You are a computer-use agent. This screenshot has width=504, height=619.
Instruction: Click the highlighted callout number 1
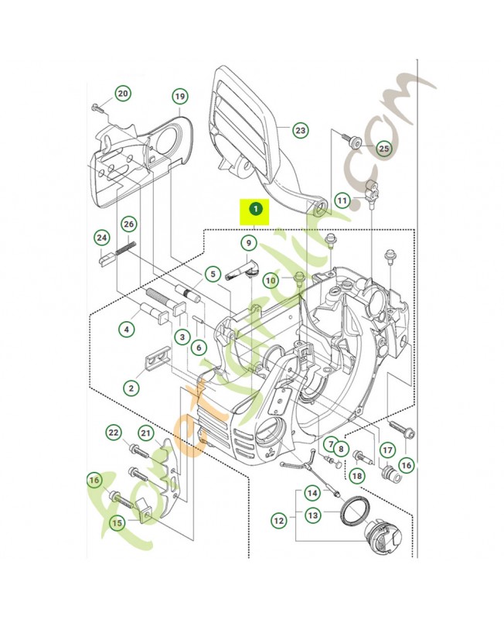(x=255, y=207)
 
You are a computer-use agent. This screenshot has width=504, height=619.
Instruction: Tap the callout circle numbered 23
(x=300, y=131)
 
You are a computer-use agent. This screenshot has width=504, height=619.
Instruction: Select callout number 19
(x=179, y=97)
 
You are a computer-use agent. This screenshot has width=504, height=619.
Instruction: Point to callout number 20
(x=122, y=94)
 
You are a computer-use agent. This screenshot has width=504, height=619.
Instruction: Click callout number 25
(x=383, y=147)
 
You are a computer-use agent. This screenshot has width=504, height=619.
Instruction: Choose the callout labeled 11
(x=342, y=201)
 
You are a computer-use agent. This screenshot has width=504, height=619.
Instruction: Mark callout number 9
(x=248, y=243)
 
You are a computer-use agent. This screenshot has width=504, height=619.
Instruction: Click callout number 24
(x=101, y=237)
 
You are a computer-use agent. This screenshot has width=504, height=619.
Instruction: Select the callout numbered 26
(x=129, y=224)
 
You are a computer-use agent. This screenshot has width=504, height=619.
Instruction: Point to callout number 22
(x=114, y=432)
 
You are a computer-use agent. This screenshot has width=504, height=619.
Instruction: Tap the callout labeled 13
(x=312, y=515)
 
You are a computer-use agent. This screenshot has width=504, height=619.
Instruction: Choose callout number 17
(x=387, y=449)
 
